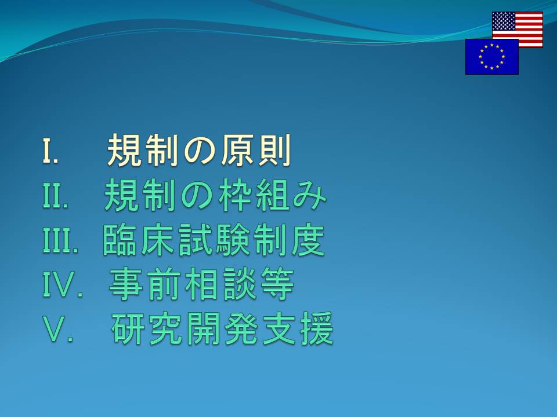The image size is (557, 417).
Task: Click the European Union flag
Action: [491, 57]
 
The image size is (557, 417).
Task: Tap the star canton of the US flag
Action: [504, 21]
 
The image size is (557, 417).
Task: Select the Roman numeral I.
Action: [50, 151]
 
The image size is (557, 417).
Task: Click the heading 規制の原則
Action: [199, 151]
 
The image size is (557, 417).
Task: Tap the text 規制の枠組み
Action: [215, 195]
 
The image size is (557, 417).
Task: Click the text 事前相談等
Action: [201, 284]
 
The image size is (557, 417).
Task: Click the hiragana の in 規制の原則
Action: [199, 151]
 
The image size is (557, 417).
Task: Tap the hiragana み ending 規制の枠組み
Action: [310, 196]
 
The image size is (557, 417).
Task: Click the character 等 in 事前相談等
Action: [278, 284]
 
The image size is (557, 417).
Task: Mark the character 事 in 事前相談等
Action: [125, 284]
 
